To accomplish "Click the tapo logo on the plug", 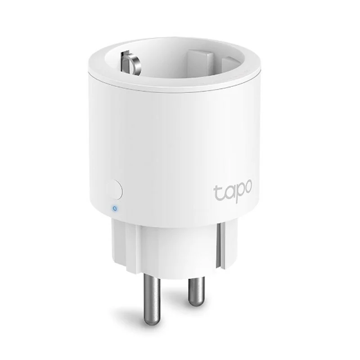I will click(232, 193).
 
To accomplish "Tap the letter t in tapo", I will click(217, 192).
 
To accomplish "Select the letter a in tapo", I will click(227, 193).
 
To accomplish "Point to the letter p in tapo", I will click(238, 195).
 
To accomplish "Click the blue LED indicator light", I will click(115, 208).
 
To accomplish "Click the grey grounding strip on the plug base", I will click(219, 245).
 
